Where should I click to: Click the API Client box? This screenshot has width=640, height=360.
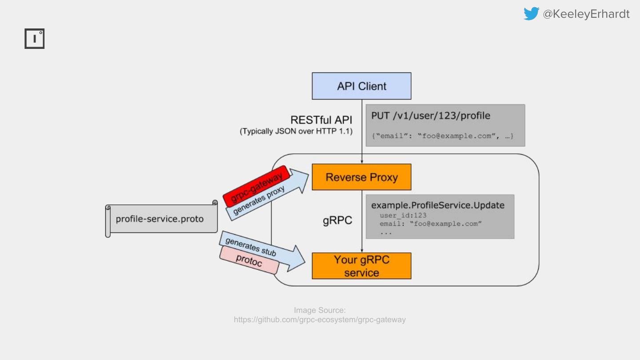[x=361, y=86]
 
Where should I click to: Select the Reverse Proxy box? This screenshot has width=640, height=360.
[x=361, y=177]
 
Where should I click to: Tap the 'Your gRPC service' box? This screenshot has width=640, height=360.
[x=361, y=266]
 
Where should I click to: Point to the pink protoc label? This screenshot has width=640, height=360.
[x=249, y=261]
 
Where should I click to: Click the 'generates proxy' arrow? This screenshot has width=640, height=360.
[x=267, y=196]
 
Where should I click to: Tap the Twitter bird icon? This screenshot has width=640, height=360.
[x=531, y=14]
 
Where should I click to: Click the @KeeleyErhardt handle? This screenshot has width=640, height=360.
[x=586, y=14]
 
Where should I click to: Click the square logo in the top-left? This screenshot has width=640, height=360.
[x=35, y=39]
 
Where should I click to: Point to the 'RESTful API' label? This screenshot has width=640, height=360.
[x=321, y=120]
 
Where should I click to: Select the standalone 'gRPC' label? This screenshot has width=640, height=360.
[x=337, y=220]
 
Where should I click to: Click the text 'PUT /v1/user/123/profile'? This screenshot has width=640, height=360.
[x=431, y=116]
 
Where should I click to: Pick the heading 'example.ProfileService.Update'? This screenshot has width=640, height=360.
[x=438, y=205]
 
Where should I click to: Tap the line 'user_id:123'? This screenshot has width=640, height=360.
[x=403, y=215]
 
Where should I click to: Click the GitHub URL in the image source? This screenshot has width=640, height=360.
[x=320, y=320]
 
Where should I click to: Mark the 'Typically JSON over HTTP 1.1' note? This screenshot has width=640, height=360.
[x=296, y=132]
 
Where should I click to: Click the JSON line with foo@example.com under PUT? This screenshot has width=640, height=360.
[x=442, y=136]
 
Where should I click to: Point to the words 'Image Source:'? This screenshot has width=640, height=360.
[x=320, y=310]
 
